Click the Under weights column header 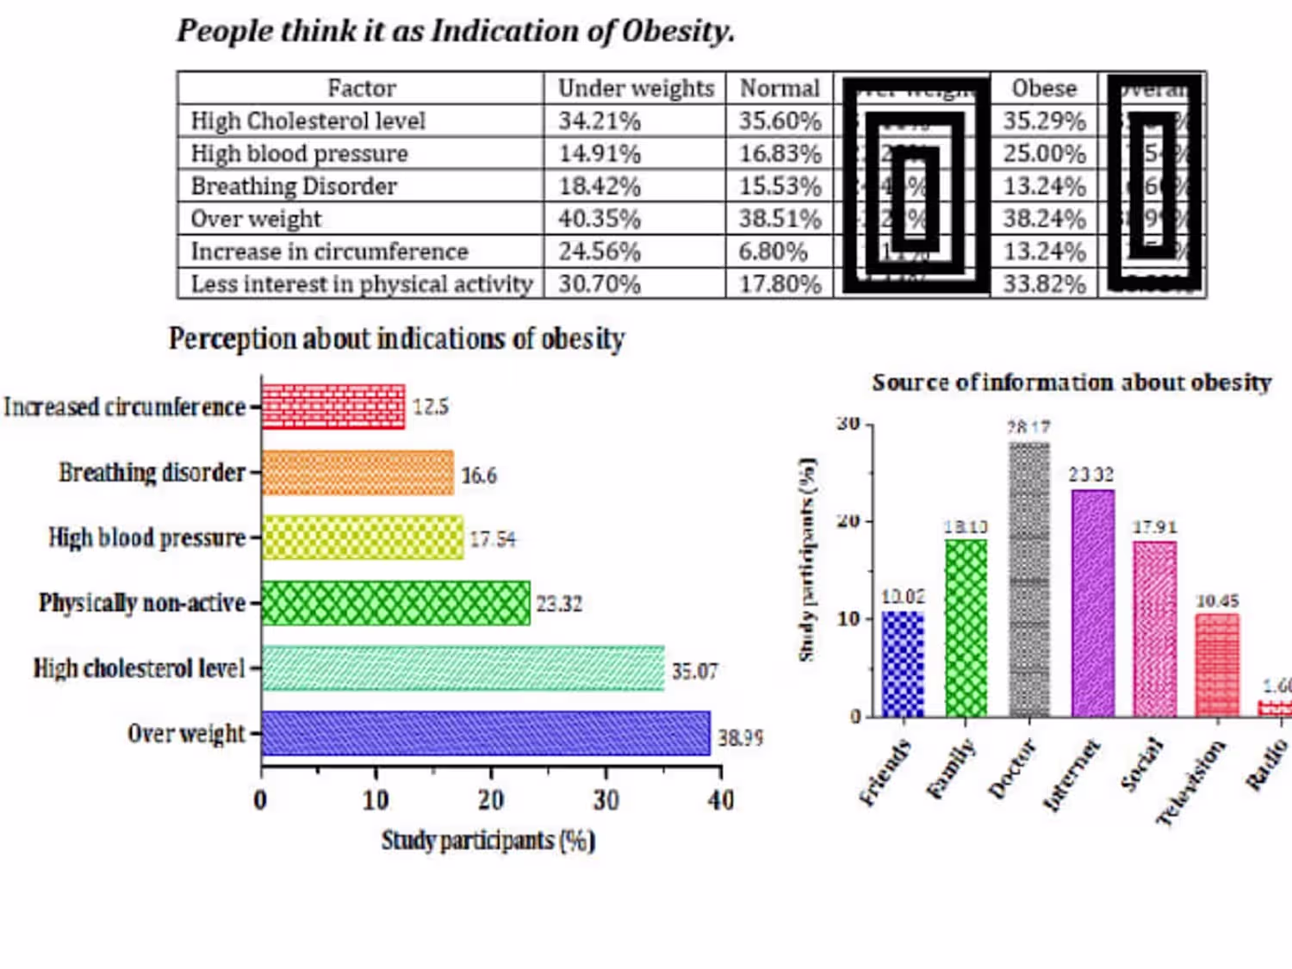636,88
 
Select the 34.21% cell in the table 599,121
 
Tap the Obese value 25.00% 1044,153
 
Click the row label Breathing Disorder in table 294,186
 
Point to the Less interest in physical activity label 362,284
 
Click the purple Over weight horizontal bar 485,733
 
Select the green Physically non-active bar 395,603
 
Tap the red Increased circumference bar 332,407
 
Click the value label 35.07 694,670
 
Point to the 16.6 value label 479,475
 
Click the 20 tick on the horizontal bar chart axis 491,800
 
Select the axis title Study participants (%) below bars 488,841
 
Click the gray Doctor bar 1029,579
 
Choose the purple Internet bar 1092,603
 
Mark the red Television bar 1217,665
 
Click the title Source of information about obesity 1071,382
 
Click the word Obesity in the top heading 678,31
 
